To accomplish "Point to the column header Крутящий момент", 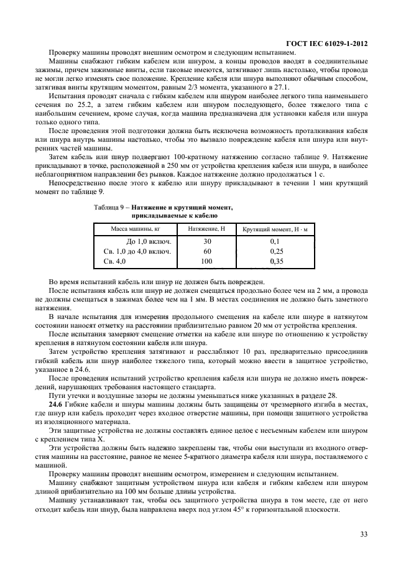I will coord(275,229).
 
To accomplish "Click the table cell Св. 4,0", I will coord(113,262).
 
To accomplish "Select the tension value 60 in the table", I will coord(207,251).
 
